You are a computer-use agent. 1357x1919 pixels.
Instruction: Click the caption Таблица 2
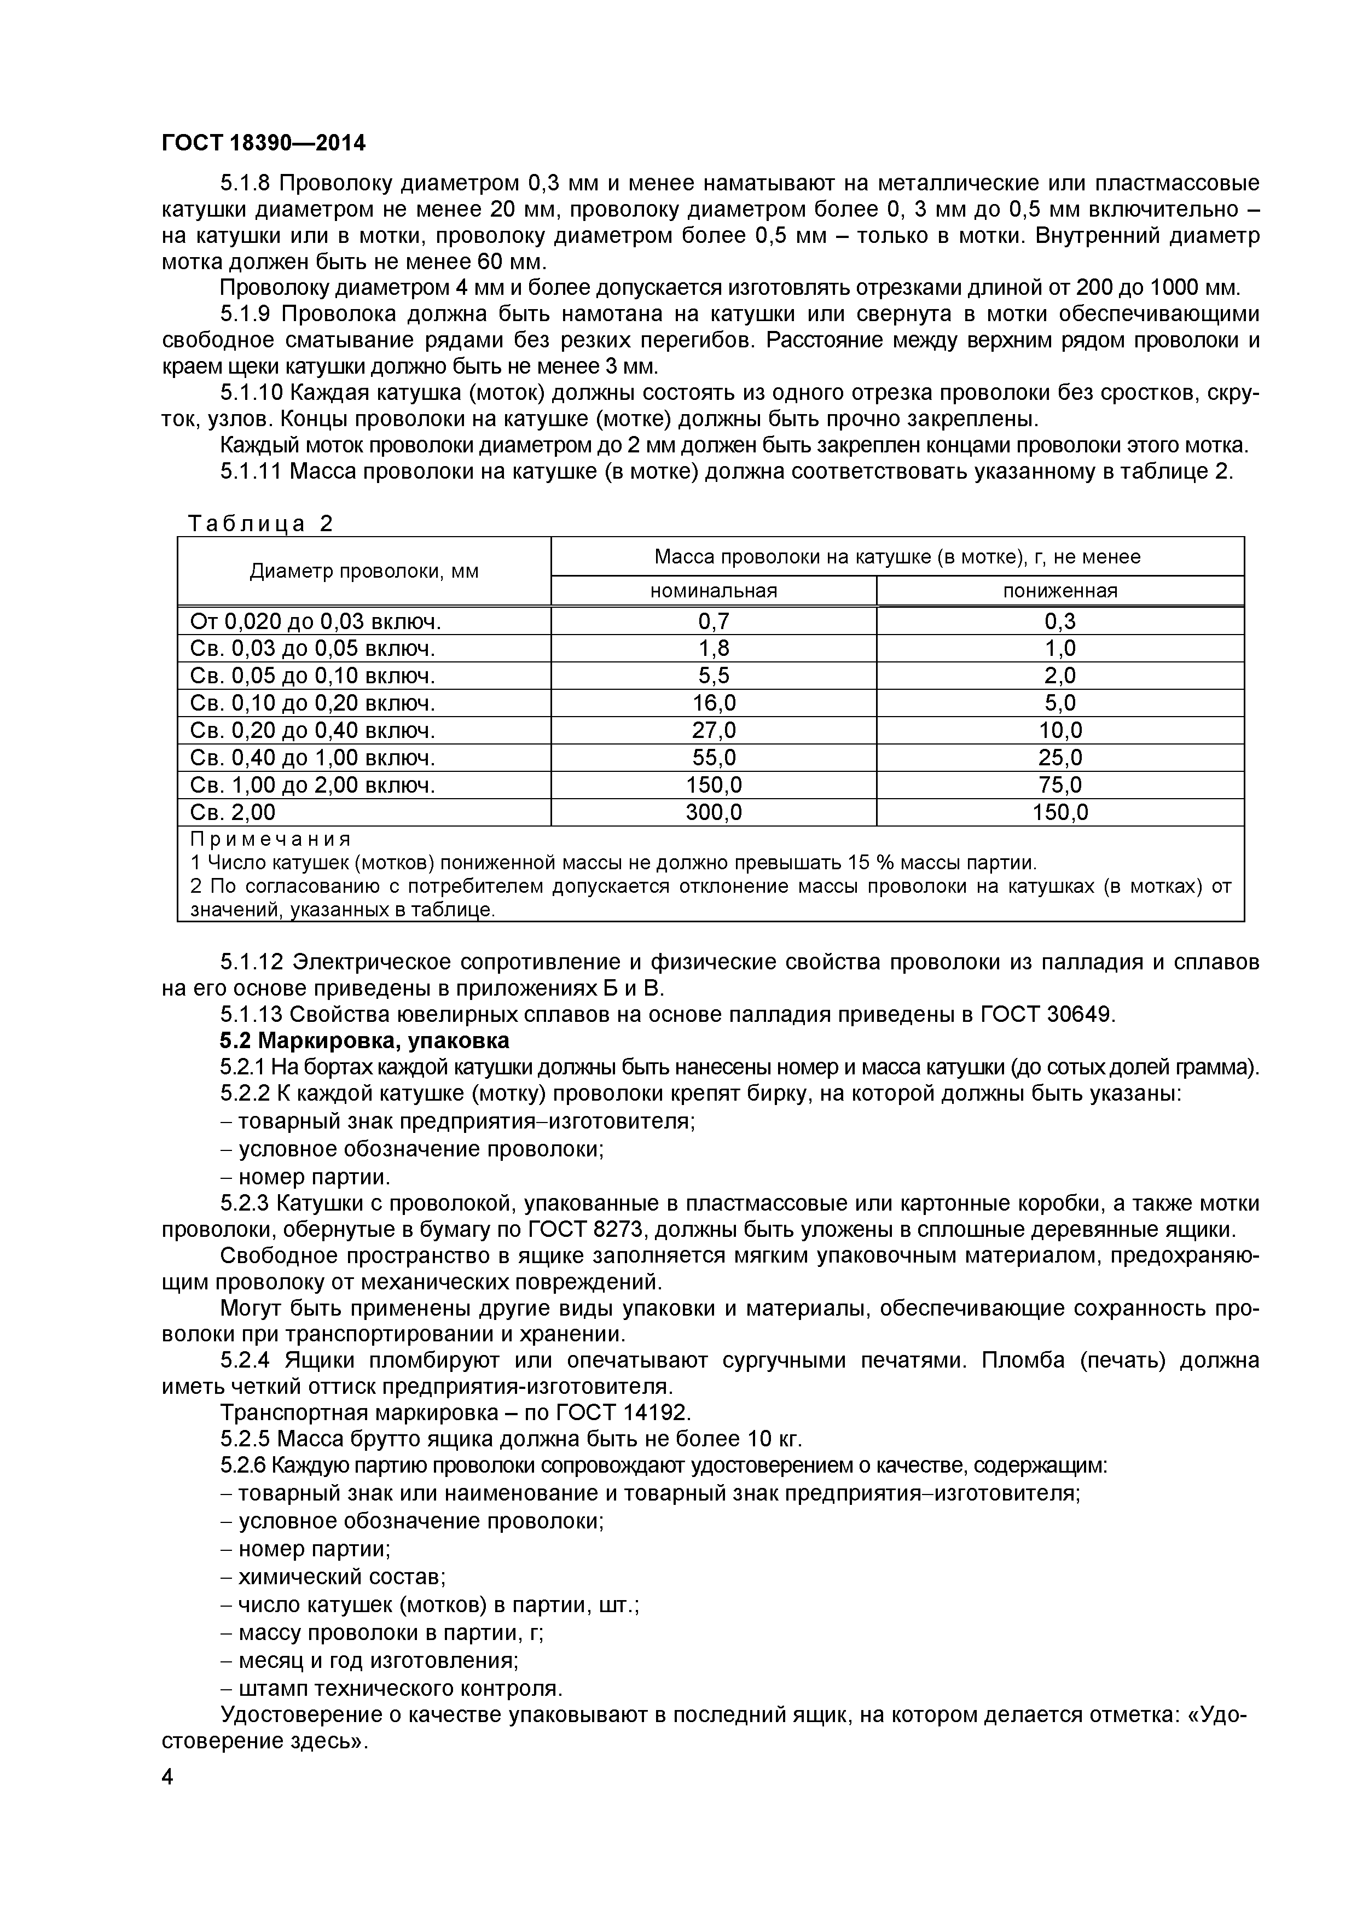260,524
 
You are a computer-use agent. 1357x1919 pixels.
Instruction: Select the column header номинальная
713,591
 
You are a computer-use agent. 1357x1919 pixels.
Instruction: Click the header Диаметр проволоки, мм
364,572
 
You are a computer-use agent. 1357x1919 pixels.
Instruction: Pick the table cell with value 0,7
713,621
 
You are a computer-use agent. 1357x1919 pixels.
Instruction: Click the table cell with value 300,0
713,812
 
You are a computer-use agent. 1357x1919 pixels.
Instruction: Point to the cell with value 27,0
713,730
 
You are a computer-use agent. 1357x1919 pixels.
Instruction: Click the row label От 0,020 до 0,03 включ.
315,621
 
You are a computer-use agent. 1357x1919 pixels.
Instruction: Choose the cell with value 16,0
713,703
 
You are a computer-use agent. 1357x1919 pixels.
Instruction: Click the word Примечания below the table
270,839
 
